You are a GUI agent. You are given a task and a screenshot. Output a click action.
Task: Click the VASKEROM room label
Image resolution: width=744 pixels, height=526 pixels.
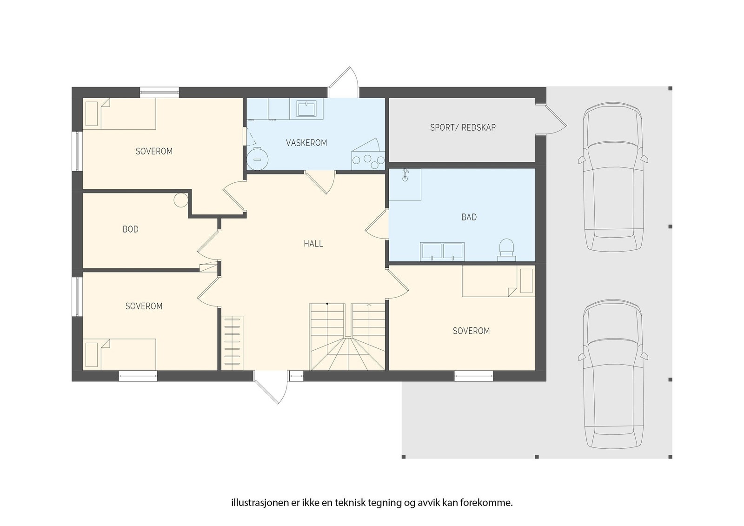[306, 143]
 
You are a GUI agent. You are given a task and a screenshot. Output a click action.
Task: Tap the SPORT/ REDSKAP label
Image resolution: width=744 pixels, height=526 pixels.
[463, 127]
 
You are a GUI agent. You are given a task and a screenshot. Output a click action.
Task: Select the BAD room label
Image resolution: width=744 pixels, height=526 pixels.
[469, 217]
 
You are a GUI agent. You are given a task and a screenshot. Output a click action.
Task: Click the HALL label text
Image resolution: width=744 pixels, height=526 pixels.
[313, 244]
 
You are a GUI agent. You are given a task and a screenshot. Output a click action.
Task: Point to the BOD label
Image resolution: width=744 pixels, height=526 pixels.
[131, 229]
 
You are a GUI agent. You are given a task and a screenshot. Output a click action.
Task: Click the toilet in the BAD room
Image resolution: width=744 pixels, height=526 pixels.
[506, 249]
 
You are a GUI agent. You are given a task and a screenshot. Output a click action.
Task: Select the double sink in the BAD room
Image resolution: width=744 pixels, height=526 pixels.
[442, 251]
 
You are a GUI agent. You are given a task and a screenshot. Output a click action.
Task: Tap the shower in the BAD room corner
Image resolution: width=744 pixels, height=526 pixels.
[405, 185]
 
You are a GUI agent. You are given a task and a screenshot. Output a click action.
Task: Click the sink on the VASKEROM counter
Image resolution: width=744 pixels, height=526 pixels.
[306, 109]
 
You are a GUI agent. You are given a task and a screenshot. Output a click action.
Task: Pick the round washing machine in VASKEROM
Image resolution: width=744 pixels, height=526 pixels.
[257, 159]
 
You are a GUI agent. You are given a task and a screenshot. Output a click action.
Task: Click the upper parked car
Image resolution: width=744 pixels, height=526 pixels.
[612, 177]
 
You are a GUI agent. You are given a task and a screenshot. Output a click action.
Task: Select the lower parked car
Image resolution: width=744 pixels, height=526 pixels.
[612, 373]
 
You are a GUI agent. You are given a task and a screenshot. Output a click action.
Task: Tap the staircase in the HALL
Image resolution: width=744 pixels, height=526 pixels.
[348, 337]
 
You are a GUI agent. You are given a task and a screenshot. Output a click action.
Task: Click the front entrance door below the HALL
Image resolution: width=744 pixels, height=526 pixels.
[271, 387]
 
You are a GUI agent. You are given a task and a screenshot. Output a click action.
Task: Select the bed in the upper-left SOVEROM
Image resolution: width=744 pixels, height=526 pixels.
[120, 114]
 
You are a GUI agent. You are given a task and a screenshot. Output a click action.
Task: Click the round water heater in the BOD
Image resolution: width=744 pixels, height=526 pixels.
[180, 200]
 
